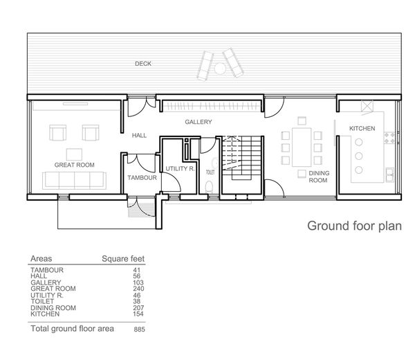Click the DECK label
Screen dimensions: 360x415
pyautogui.click(x=143, y=64)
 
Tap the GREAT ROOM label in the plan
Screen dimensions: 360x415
pyautogui.click(x=75, y=164)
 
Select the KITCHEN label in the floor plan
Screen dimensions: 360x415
pyautogui.click(x=362, y=128)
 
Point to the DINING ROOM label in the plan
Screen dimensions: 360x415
pyautogui.click(x=317, y=176)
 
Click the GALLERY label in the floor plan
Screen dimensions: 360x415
pyautogui.click(x=198, y=121)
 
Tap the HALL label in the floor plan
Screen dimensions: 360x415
pyautogui.click(x=140, y=136)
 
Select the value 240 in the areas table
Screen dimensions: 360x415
pyautogui.click(x=137, y=289)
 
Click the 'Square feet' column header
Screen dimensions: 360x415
pyautogui.click(x=123, y=259)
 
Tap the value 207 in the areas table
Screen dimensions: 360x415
pyautogui.click(x=137, y=307)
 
